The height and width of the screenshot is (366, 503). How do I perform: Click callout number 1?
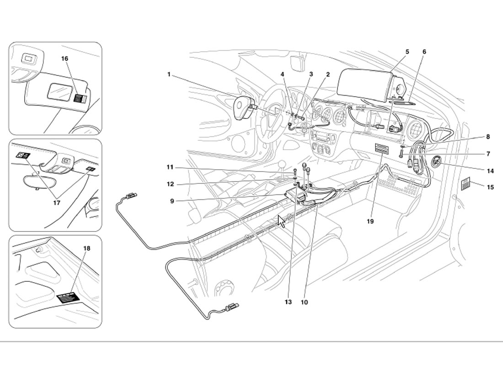pyautogui.click(x=169, y=75)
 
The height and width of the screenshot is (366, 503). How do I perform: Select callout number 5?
pyautogui.click(x=407, y=52)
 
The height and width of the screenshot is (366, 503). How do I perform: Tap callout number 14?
pyautogui.click(x=490, y=171)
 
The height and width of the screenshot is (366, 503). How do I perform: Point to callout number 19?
pyautogui.click(x=370, y=221)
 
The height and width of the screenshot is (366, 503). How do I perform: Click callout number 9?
pyautogui.click(x=172, y=201)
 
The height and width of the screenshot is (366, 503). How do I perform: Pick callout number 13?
pyautogui.click(x=288, y=302)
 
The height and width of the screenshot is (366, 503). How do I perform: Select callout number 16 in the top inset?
pyautogui.click(x=64, y=59)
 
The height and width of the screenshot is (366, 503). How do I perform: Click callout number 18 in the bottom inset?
pyautogui.click(x=86, y=248)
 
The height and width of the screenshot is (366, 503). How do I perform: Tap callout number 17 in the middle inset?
pyautogui.click(x=56, y=203)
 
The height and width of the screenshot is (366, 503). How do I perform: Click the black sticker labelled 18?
pyautogui.click(x=68, y=298)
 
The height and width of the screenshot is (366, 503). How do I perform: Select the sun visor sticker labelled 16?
pyautogui.click(x=80, y=98)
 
